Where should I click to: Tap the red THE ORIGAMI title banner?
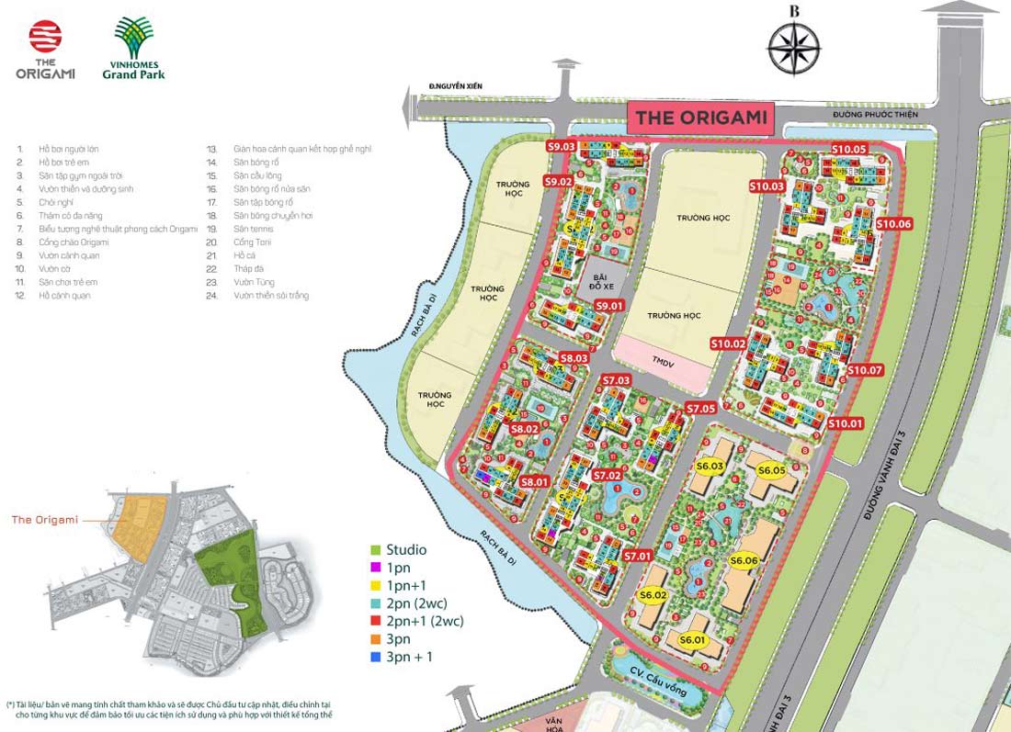[700, 118]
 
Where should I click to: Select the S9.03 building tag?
[561, 146]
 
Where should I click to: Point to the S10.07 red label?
[864, 370]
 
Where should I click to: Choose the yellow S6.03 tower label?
[710, 467]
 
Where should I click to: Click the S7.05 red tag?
[700, 408]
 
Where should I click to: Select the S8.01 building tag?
[534, 481]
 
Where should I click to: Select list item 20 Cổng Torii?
[253, 242]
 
